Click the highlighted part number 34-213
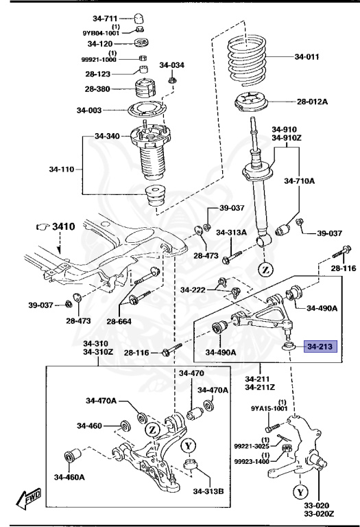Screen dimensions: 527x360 tap(320, 347)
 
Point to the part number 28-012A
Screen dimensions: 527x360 tap(313, 102)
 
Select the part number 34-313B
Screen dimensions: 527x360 tap(208, 491)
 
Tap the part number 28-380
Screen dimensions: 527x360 tap(99, 89)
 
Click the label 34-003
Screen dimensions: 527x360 tap(90, 110)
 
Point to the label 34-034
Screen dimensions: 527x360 tap(171, 65)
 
